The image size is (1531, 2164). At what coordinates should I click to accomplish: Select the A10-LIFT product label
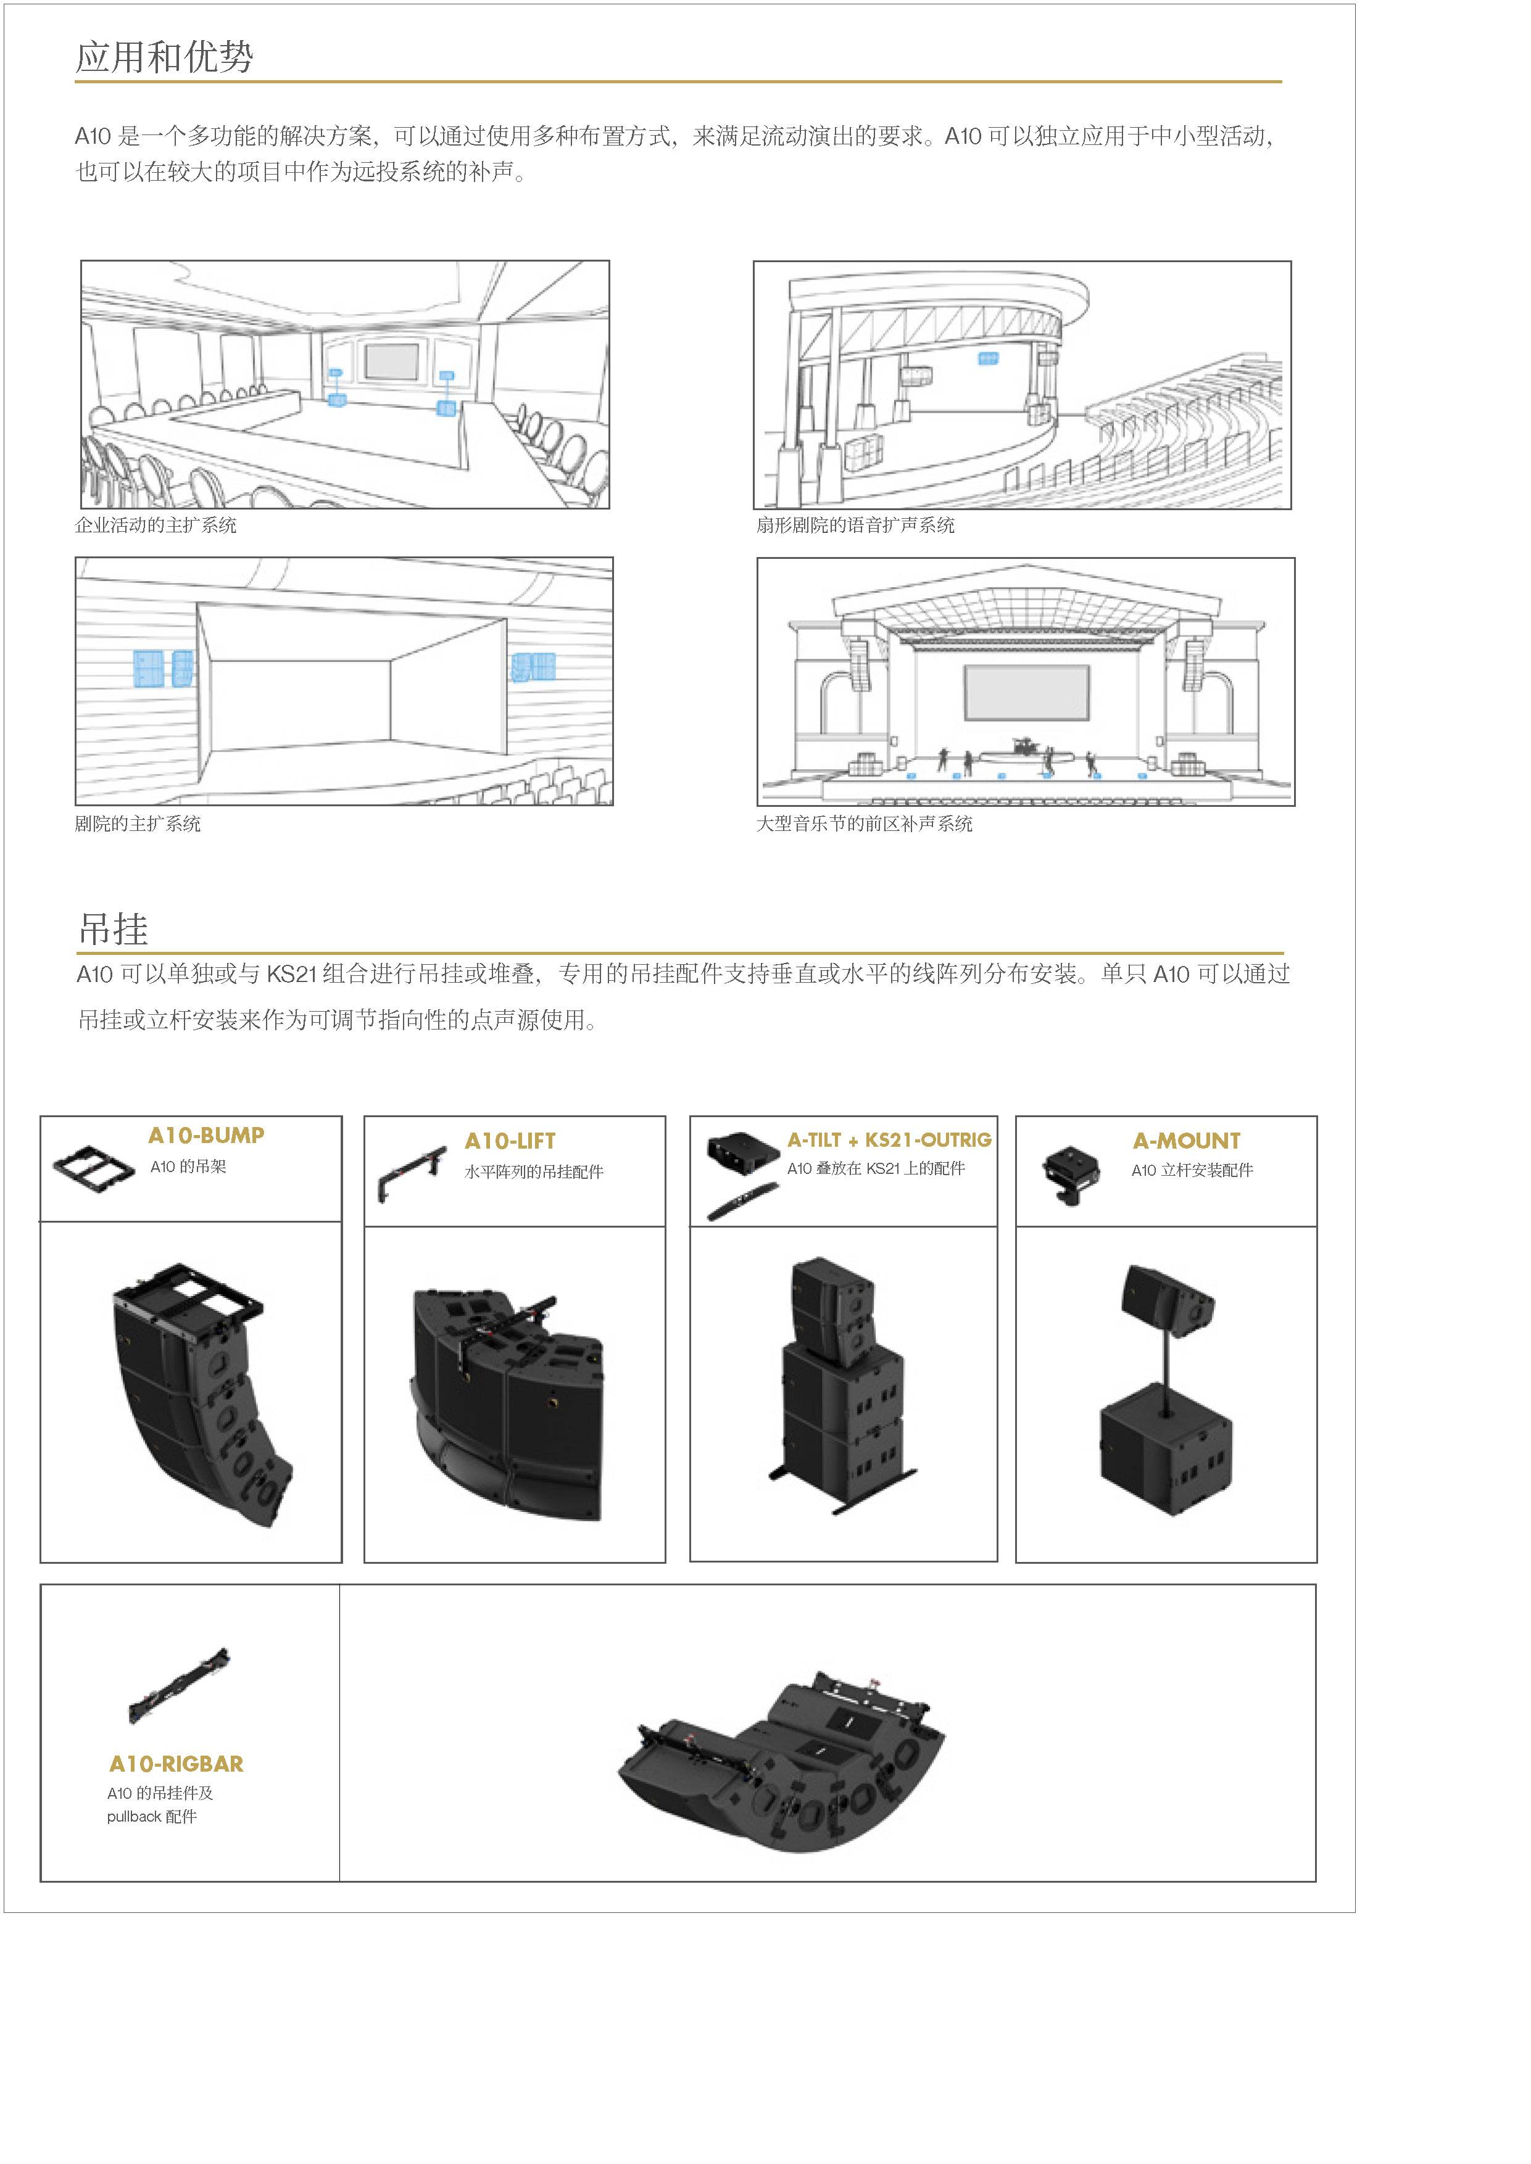pos(510,1141)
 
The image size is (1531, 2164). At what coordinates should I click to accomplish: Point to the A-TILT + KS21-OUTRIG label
pos(890,1139)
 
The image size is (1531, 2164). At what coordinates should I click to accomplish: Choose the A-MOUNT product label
pos(1186,1141)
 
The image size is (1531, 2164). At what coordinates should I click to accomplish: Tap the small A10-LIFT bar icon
pos(412,1173)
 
